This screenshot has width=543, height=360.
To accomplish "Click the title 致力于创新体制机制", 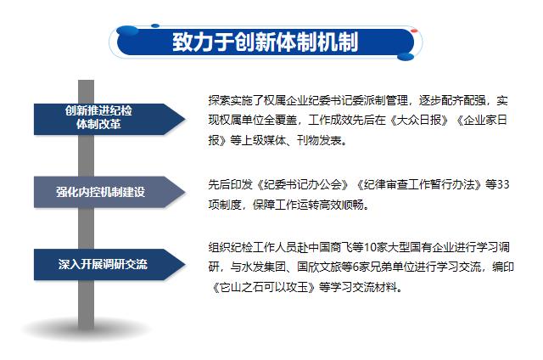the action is click(266, 42).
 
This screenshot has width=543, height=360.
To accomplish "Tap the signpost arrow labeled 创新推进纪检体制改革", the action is click(109, 119).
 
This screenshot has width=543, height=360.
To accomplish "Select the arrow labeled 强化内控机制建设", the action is click(109, 192).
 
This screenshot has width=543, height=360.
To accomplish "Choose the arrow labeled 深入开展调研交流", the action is click(109, 264).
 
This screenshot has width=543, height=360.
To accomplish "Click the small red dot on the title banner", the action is click(414, 31).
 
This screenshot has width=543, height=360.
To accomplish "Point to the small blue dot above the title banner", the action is click(155, 25).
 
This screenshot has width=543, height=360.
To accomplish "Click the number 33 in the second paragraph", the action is click(503, 184).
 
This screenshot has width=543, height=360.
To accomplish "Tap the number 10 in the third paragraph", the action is click(371, 247).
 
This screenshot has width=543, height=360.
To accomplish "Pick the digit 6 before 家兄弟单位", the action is click(355, 267).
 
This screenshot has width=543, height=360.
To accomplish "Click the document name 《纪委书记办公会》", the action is click(301, 185).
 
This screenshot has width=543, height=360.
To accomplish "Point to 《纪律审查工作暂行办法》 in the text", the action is click(420, 185).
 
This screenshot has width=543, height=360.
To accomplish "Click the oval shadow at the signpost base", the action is click(87, 329).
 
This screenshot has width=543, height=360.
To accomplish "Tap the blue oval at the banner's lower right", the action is click(406, 57).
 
